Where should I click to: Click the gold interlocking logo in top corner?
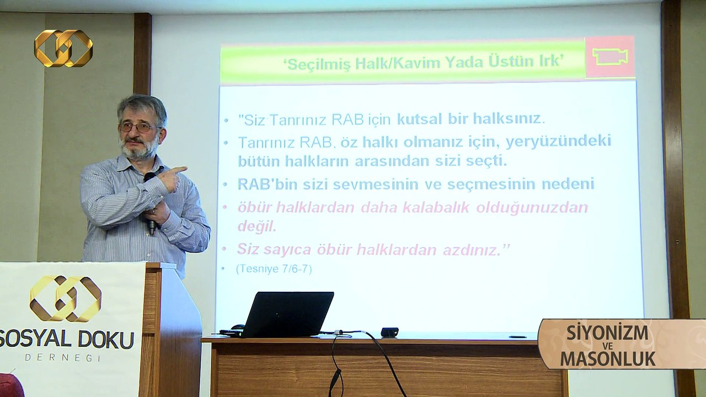pyautogui.click(x=63, y=48)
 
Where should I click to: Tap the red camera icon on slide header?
pyautogui.click(x=609, y=57)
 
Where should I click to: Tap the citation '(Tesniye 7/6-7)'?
pyautogui.click(x=274, y=269)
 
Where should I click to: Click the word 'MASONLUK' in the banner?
pyautogui.click(x=608, y=359)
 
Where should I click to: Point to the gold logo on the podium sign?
pyautogui.click(x=65, y=298)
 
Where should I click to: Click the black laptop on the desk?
pyautogui.click(x=287, y=314)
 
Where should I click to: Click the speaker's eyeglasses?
pyautogui.click(x=138, y=127)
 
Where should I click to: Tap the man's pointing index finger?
pyautogui.click(x=180, y=170)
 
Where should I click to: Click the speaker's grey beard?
pyautogui.click(x=140, y=149)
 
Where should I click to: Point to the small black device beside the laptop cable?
pyautogui.click(x=389, y=332)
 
